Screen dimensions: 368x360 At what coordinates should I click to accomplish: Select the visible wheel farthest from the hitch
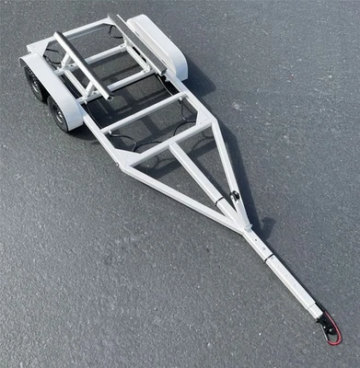pyautogui.click(x=33, y=83)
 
